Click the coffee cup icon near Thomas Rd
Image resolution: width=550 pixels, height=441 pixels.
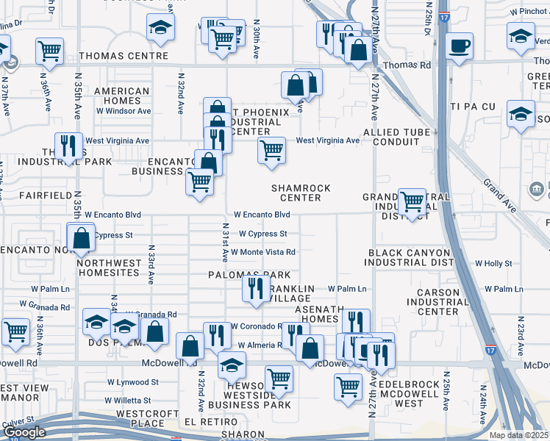point(460,46)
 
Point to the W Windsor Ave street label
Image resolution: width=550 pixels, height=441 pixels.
point(123,111)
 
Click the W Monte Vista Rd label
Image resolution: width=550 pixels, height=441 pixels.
point(263,252)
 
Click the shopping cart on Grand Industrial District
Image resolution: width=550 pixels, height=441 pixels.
point(412,200)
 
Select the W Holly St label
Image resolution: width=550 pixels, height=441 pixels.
point(493,263)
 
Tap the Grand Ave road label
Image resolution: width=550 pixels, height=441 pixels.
point(500,193)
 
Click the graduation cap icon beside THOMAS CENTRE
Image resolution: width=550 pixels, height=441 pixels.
point(160,28)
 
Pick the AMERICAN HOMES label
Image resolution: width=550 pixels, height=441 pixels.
point(122,96)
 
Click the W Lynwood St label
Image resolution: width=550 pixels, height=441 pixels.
point(133,382)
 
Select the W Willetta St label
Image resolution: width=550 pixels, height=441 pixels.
point(128,401)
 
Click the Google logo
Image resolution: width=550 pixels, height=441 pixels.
point(24,432)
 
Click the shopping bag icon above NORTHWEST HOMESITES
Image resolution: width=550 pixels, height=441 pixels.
point(80,238)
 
